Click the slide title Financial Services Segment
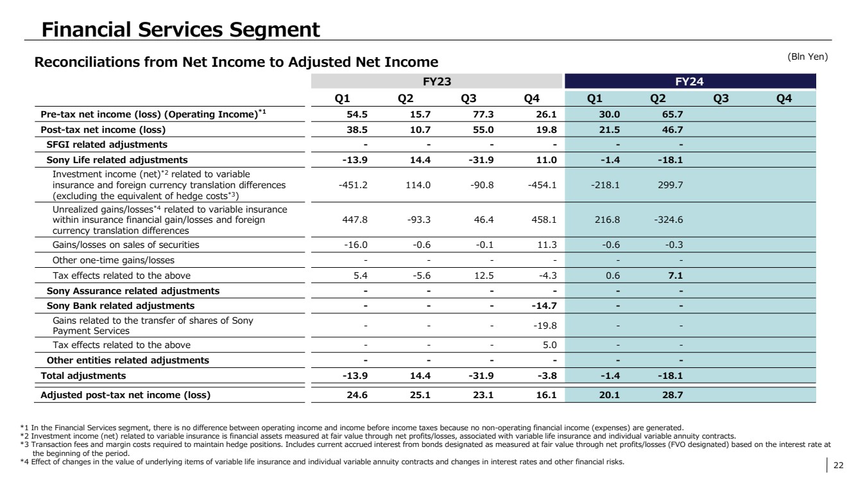pyautogui.click(x=180, y=29)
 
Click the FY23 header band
pyautogui.click(x=436, y=82)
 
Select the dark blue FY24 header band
pyautogui.click(x=690, y=82)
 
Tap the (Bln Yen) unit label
pyautogui.click(x=809, y=57)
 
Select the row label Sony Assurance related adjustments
pyautogui.click(x=133, y=291)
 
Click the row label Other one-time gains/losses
pyautogui.click(x=114, y=260)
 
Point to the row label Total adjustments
pyautogui.click(x=83, y=375)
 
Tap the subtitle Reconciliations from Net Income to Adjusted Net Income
pyautogui.click(x=236, y=62)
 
